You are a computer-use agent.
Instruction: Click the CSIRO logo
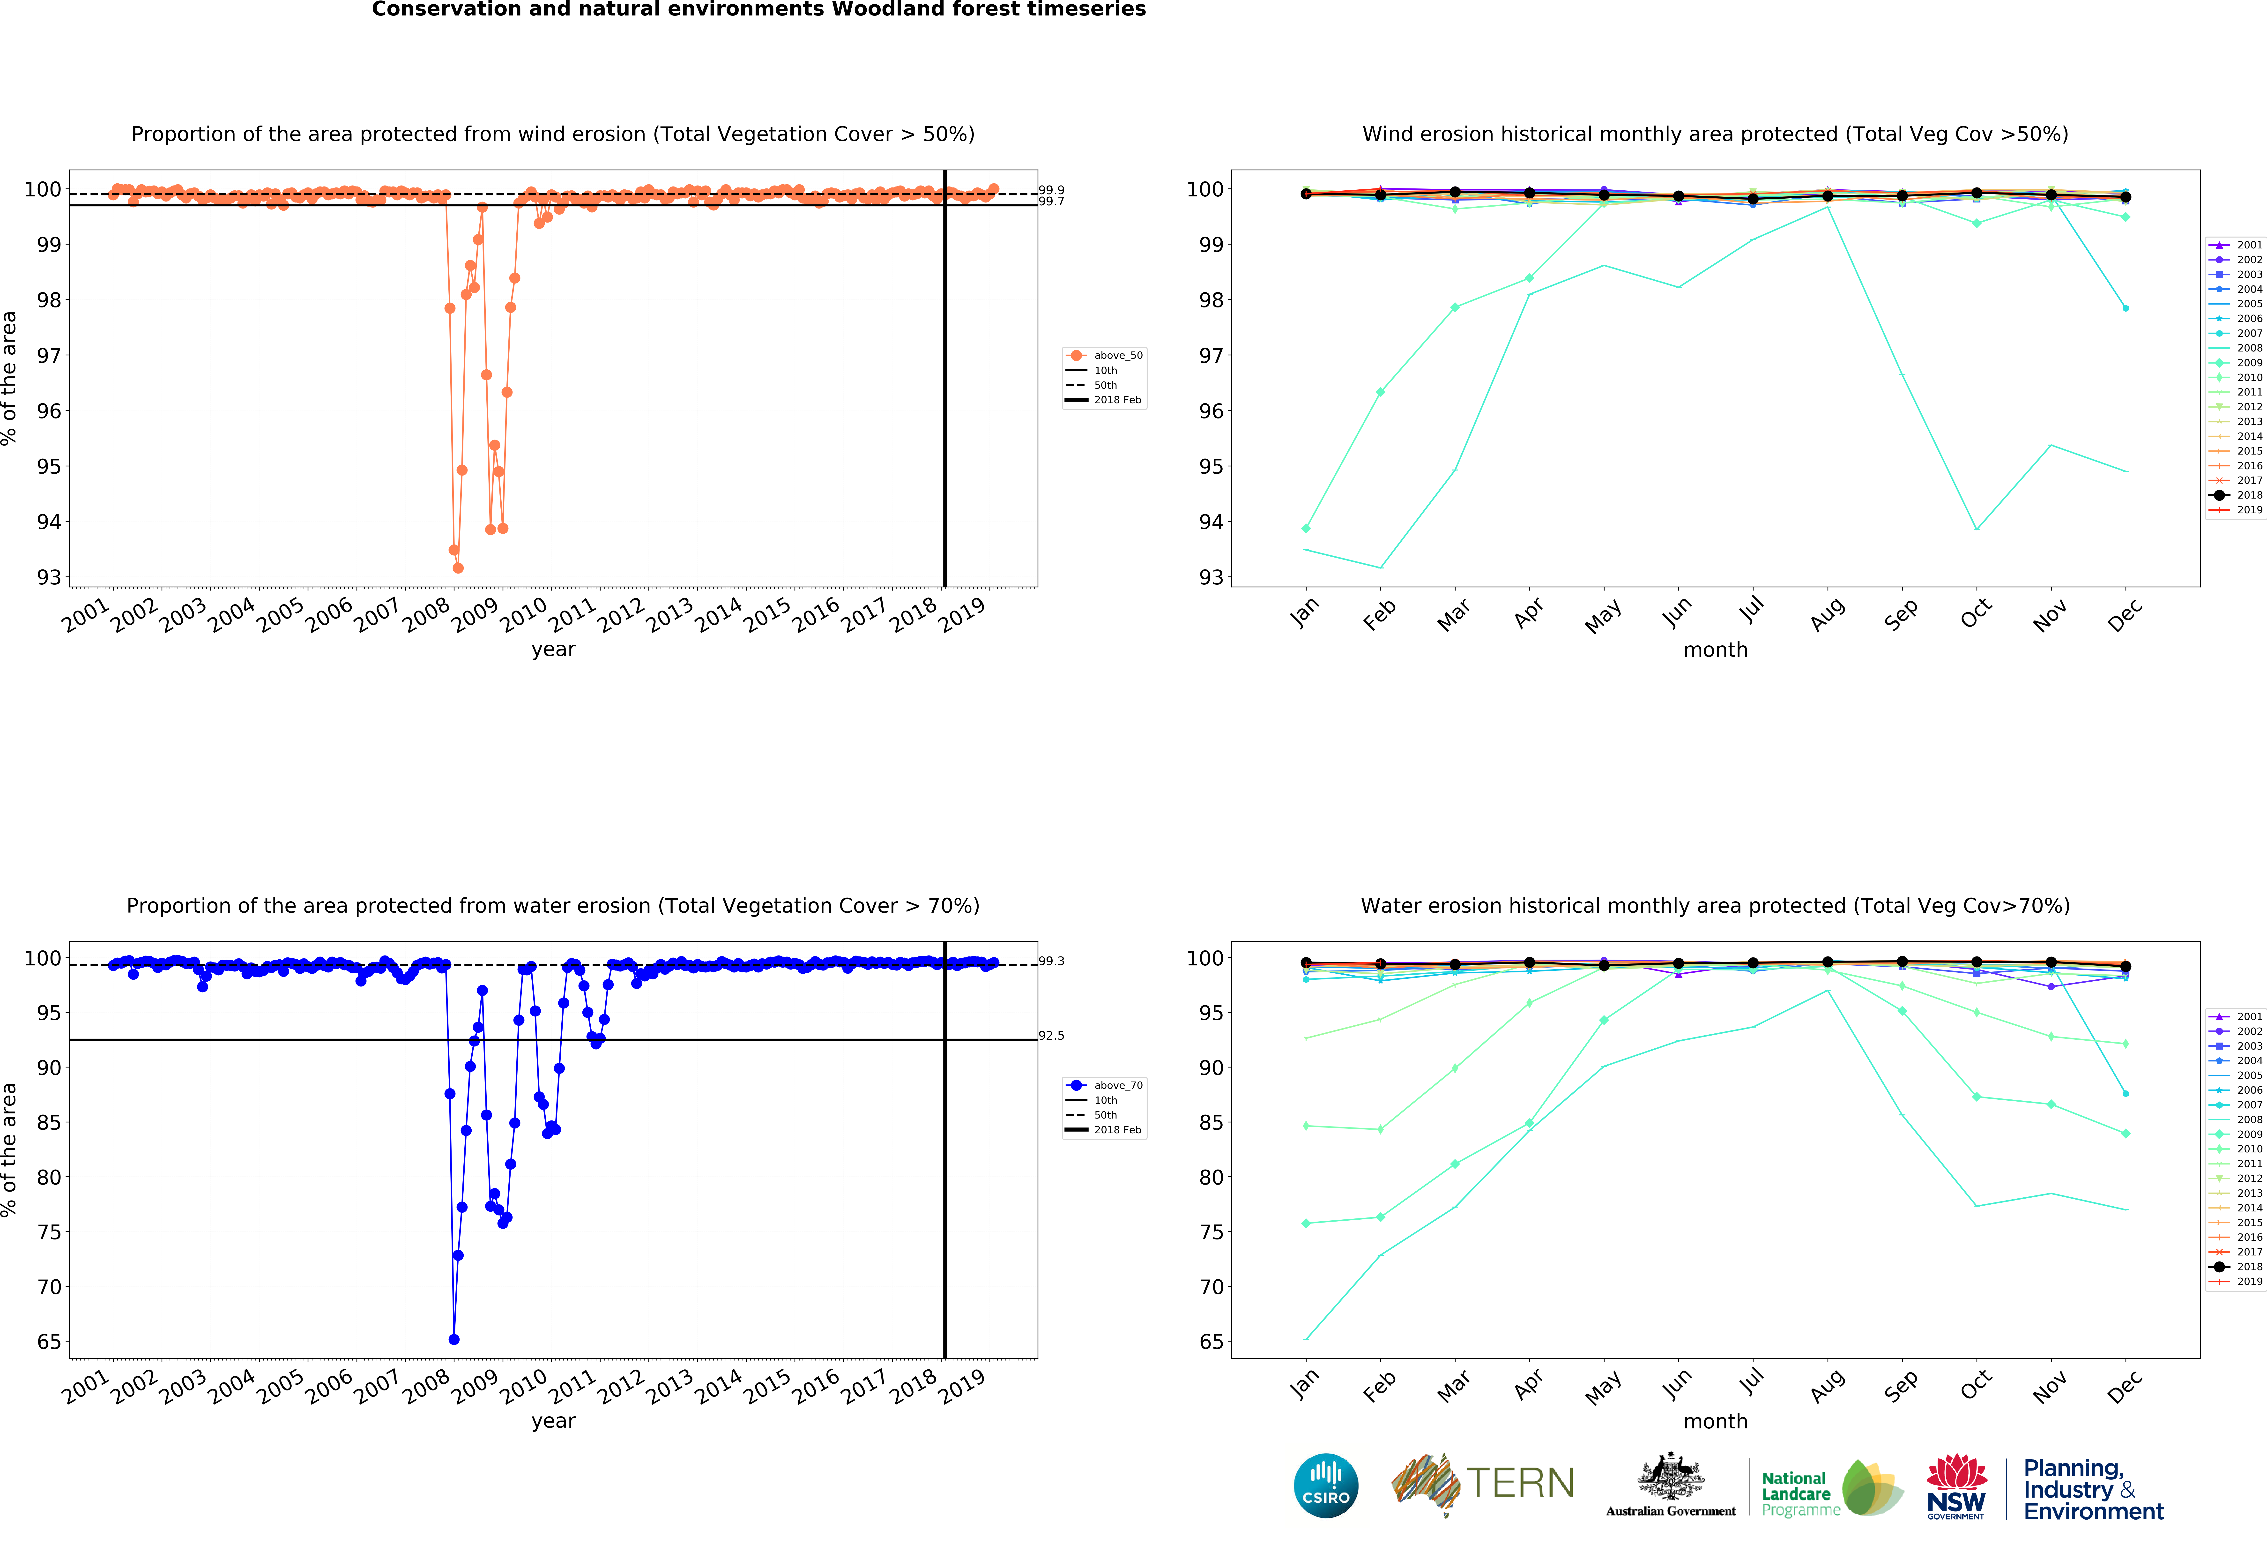1326,1485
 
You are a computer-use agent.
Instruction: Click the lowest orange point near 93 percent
458,568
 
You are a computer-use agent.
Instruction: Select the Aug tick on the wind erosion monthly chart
1827,612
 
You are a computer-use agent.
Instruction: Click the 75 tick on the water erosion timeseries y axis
49,1232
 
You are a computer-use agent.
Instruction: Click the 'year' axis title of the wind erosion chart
553,649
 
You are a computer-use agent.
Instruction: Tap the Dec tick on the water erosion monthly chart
2125,1385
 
